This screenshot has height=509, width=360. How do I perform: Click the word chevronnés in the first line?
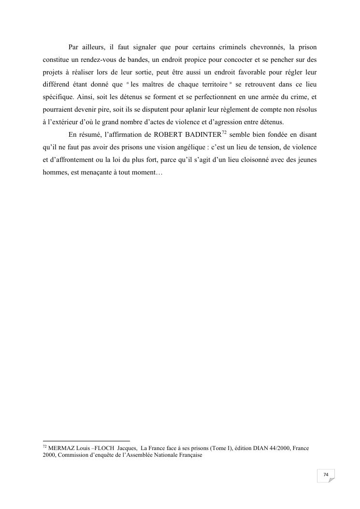coord(261,47)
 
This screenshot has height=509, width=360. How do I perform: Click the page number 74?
coord(326,475)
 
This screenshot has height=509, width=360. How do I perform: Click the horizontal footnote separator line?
coord(86,441)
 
